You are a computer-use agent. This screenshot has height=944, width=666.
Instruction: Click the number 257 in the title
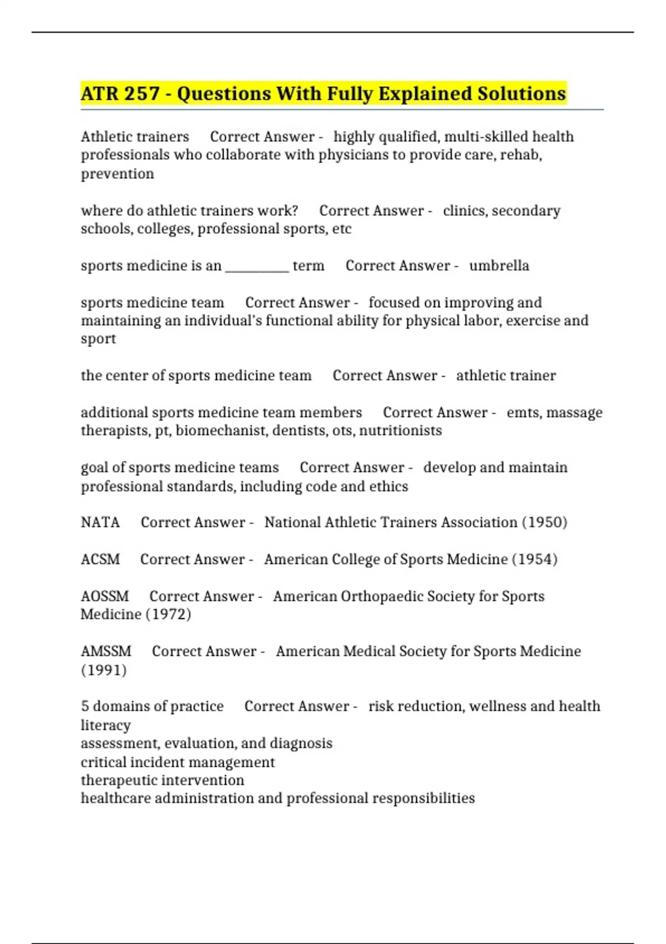(x=142, y=94)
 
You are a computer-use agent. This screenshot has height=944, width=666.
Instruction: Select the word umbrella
(x=499, y=265)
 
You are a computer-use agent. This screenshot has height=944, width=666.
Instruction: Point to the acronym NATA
(x=100, y=523)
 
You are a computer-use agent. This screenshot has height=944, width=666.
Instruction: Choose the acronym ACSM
(x=100, y=559)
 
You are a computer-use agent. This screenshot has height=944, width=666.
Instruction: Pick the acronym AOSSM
(x=104, y=596)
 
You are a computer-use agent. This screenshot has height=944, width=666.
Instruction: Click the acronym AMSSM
(x=106, y=651)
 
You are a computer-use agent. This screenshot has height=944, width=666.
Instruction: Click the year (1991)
(x=104, y=670)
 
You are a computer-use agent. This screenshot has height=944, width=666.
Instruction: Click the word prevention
(x=117, y=174)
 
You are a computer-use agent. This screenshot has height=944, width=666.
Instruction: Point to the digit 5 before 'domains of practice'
(x=85, y=706)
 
